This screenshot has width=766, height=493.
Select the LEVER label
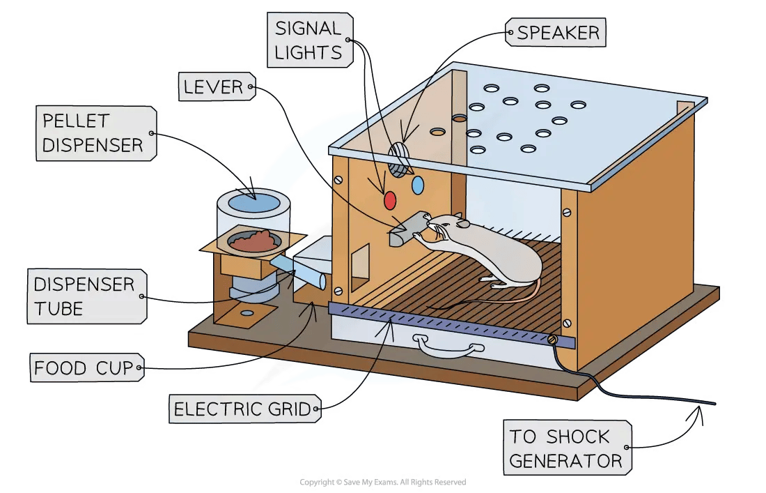click(x=214, y=87)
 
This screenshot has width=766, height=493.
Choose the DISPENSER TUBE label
click(x=84, y=296)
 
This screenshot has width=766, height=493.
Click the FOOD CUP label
click(x=86, y=367)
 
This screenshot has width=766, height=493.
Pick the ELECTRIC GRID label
click(x=243, y=409)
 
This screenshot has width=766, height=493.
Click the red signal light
click(x=390, y=200)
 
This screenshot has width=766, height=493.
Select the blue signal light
click(x=418, y=185)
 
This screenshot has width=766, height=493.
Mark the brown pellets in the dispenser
click(x=254, y=241)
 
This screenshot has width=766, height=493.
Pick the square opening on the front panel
click(x=361, y=266)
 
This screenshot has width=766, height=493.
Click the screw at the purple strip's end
click(x=552, y=339)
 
